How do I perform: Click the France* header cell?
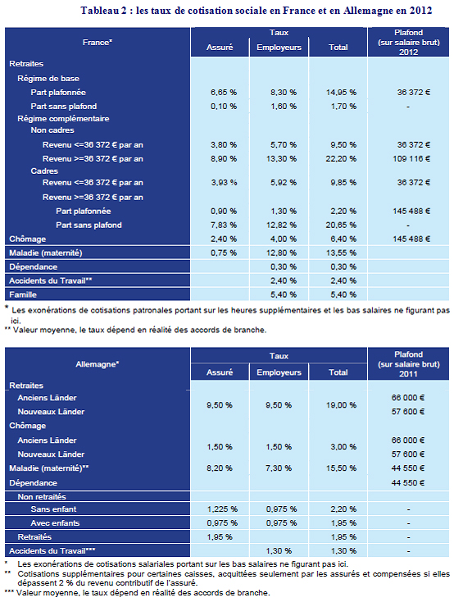point(98,42)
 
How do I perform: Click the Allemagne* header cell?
point(98,364)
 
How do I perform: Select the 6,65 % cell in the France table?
point(224,93)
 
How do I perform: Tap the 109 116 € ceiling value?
point(411,158)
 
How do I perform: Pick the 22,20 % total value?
point(341,158)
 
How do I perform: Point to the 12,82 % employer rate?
point(282,225)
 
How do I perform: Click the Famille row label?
point(23,294)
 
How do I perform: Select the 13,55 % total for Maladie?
point(341,253)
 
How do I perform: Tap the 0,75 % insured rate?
point(224,253)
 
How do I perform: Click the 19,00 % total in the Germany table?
point(341,405)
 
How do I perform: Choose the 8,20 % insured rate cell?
point(220,468)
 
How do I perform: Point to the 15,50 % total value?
point(341,468)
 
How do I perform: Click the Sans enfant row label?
point(53,509)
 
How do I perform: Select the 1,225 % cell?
point(222,509)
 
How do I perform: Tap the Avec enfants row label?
point(55,523)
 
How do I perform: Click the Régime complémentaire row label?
point(63,119)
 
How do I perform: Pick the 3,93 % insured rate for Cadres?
point(224,182)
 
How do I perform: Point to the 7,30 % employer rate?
point(279,468)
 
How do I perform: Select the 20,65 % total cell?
point(341,225)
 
